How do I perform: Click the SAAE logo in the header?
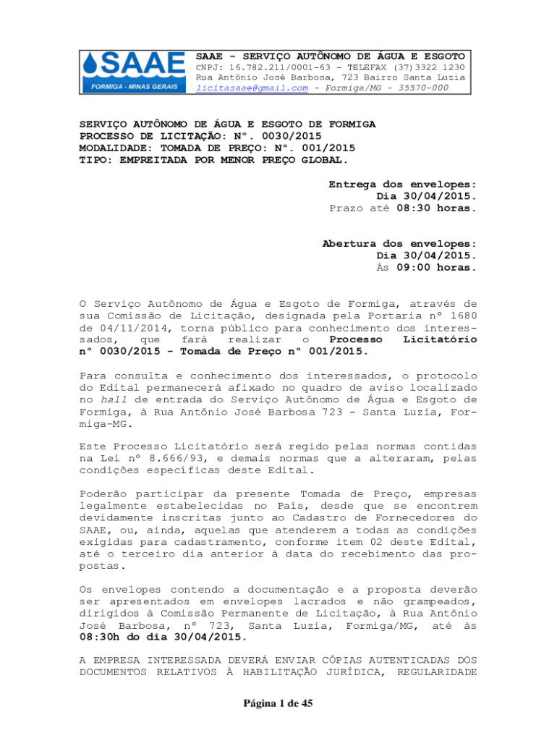pos(134,72)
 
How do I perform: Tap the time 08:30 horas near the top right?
pos(437,208)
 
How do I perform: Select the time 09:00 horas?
pos(437,268)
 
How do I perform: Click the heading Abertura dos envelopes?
pos(399,244)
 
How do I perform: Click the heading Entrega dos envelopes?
pos(402,185)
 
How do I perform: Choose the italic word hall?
pos(109,399)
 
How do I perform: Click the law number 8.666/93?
pos(166,459)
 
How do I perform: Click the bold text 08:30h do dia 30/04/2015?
pos(163,638)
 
